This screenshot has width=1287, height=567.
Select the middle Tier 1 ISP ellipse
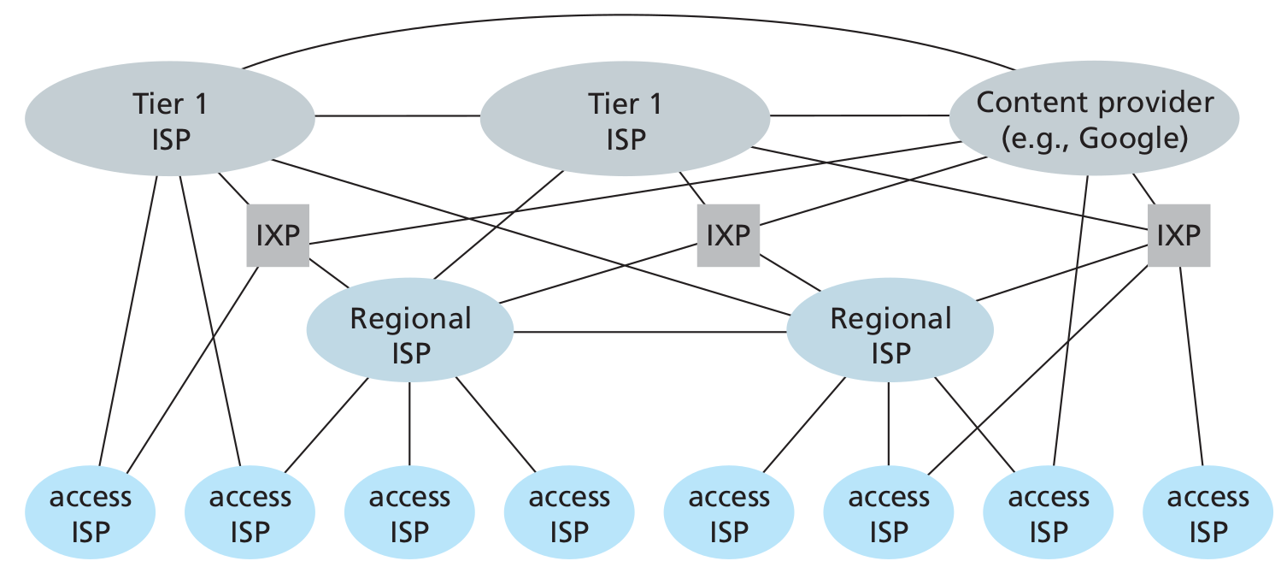[x=625, y=121]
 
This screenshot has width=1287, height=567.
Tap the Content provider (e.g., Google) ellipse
[x=1095, y=121]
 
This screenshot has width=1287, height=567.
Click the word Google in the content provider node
[x=1131, y=139]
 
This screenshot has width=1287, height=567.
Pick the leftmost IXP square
[x=279, y=235]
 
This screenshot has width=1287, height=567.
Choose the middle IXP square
[x=728, y=235]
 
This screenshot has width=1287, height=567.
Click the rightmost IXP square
[x=1178, y=235]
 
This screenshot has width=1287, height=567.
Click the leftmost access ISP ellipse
[x=91, y=514]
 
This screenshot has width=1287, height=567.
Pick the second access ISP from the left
[x=250, y=514]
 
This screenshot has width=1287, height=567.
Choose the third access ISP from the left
[x=409, y=514]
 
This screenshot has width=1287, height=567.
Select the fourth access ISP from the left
[x=569, y=514]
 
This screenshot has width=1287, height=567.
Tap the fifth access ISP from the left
[x=729, y=514]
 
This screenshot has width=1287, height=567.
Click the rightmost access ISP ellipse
[x=1208, y=514]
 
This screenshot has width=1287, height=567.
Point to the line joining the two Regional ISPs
[x=649, y=331]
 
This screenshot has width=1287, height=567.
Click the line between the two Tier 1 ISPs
[x=397, y=115]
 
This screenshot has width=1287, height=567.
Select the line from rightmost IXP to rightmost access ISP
[x=1191, y=368]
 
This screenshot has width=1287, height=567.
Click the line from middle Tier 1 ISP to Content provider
[x=859, y=115]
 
